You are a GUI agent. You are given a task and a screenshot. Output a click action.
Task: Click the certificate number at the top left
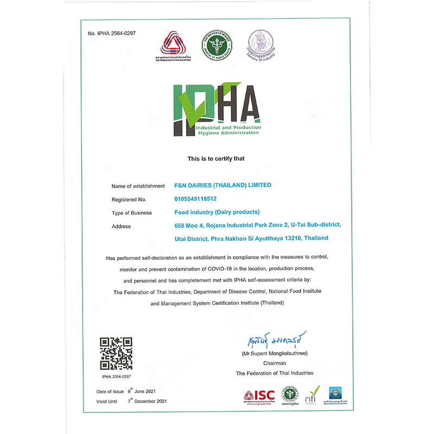point(111,34)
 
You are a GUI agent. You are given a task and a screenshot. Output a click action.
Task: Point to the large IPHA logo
point(217,109)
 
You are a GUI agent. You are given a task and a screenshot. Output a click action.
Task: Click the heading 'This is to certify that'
point(216,159)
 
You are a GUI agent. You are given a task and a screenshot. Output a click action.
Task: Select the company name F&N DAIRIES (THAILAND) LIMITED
point(223,185)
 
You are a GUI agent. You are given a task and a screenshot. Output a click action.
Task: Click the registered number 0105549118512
point(195,199)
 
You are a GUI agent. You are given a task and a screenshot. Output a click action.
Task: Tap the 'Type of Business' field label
point(132,213)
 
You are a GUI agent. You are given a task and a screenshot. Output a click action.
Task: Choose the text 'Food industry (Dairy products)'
point(217,212)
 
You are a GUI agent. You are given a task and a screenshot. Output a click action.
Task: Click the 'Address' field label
point(121,226)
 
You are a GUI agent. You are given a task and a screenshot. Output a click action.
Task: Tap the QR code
point(116,353)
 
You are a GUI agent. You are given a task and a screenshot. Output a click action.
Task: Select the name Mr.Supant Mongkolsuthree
point(275,354)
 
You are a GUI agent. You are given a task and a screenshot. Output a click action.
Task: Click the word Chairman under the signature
point(275,363)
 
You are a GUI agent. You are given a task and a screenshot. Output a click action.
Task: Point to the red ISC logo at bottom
point(259,394)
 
